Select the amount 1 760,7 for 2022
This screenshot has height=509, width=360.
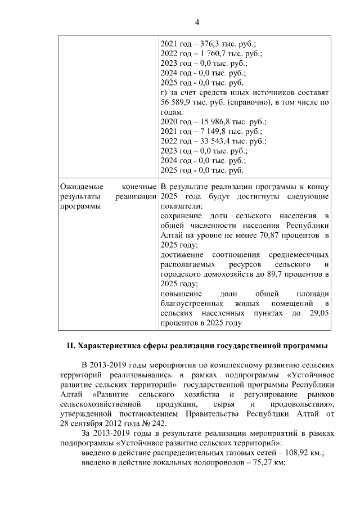[x=211, y=53]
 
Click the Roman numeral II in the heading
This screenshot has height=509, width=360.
[x=64, y=345]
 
